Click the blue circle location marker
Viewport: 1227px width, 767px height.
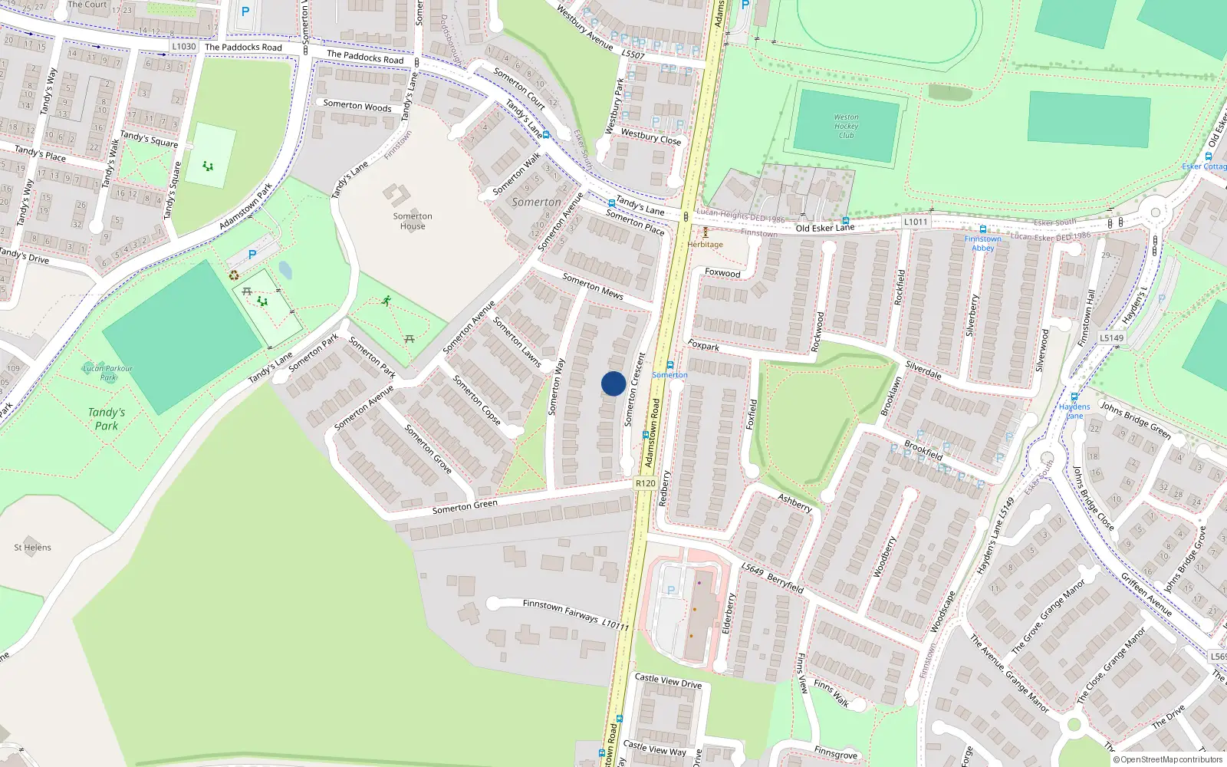tap(613, 383)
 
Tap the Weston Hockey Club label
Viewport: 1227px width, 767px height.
tap(846, 127)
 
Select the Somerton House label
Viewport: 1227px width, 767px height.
tap(413, 221)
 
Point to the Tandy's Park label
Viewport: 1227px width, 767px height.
tap(107, 419)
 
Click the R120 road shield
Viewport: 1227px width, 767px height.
tap(646, 482)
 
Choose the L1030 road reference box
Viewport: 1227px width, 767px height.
tap(184, 46)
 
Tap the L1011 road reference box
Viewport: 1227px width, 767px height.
tap(916, 222)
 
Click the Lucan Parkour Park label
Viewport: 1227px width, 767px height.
tap(108, 373)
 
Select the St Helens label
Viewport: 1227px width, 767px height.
tap(33, 548)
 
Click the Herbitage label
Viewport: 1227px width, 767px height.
tap(705, 245)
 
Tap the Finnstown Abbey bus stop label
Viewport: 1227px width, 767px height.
tap(982, 243)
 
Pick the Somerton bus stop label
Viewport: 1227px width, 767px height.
tap(669, 375)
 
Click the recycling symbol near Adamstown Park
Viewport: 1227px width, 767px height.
tap(234, 275)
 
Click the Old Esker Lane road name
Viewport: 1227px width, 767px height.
tap(824, 228)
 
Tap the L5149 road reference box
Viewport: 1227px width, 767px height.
tap(1111, 337)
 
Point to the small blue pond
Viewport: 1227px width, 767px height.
tap(285, 270)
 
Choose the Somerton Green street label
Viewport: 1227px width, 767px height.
tap(465, 506)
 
